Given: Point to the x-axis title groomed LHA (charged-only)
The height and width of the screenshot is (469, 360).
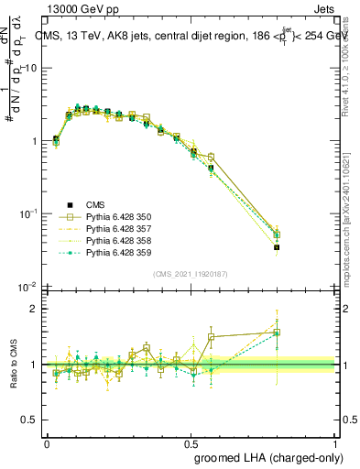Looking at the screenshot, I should point(285,457).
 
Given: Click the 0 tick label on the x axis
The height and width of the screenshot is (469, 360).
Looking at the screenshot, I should point(47,442).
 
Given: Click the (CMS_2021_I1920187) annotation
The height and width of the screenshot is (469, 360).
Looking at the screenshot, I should point(190,273).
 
